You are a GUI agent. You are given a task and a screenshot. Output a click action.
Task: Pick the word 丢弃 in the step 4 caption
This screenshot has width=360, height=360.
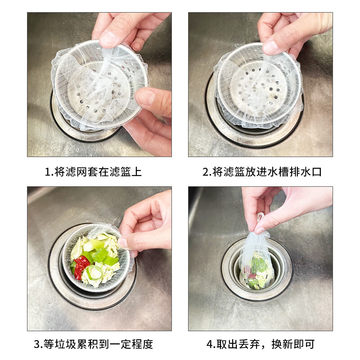click(256, 345)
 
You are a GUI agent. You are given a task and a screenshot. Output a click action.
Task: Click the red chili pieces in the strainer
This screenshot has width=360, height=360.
click(80, 265)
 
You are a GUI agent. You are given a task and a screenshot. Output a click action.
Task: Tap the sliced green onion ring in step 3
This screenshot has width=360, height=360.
click(94, 272)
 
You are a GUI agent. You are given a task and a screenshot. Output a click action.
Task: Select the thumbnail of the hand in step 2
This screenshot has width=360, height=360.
click(271, 47)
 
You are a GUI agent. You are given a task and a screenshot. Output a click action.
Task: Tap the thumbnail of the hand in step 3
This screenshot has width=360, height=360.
click(123, 243)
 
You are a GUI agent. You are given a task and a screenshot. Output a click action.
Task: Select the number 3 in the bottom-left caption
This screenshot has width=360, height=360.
click(38, 345)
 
